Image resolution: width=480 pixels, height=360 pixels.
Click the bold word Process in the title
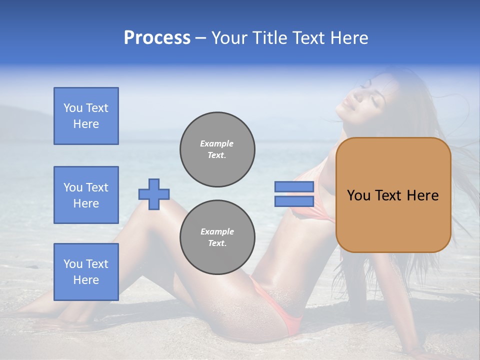157,38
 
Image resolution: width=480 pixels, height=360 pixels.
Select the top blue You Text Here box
86,116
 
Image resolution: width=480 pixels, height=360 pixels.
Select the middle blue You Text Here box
86,195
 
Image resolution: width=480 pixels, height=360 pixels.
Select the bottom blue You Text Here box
86,272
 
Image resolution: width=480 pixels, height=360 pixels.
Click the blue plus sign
154,194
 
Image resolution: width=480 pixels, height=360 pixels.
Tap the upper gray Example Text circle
217,149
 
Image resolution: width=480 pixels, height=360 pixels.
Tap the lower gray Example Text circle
217,237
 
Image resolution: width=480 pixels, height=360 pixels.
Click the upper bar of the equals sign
294,186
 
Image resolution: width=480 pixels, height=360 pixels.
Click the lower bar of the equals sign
294,201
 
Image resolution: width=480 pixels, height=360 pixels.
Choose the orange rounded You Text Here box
393,195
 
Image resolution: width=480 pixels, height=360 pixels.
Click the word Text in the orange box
388,195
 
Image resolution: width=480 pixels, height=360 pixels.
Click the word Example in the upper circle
217,143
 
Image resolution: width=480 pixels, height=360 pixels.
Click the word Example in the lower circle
217,231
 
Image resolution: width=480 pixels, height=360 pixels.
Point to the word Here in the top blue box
86,124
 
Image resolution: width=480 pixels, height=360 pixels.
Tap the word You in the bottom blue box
73,264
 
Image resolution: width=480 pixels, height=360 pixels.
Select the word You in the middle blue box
73,187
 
